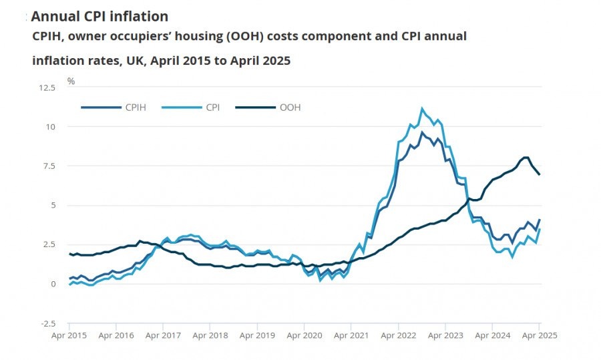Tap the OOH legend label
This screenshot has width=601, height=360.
point(290,107)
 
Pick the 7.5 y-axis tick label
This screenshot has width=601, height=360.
point(48,166)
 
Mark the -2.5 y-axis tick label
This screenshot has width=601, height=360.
point(47,324)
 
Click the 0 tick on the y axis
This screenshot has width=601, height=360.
point(53,285)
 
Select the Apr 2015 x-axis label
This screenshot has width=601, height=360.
point(69,335)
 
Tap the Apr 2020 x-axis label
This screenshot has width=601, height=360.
point(304,335)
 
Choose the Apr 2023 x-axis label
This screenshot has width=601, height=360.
point(445,335)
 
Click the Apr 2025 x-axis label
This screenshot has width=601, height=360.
point(539,335)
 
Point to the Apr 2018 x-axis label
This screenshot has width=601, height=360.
point(210,335)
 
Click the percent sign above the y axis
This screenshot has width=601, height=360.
point(71,81)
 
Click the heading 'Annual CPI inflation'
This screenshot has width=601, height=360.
point(99,16)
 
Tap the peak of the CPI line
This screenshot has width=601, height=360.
point(422,108)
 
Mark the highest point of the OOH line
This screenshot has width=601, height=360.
point(526,158)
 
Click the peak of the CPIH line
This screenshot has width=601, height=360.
point(422,132)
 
